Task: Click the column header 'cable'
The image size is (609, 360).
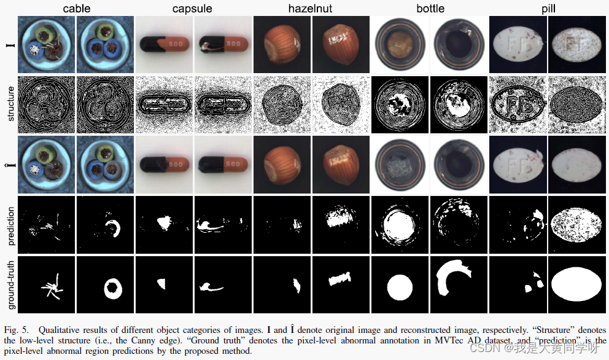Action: coord(76,9)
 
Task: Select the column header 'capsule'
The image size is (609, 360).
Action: coord(193,9)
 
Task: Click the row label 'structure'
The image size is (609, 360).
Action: coord(9,104)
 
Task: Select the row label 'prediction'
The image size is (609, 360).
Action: coord(9,224)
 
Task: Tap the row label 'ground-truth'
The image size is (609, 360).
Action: coord(9,283)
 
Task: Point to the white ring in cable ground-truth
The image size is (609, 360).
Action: coord(114,288)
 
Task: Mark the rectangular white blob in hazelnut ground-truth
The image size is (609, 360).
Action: coord(338,278)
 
